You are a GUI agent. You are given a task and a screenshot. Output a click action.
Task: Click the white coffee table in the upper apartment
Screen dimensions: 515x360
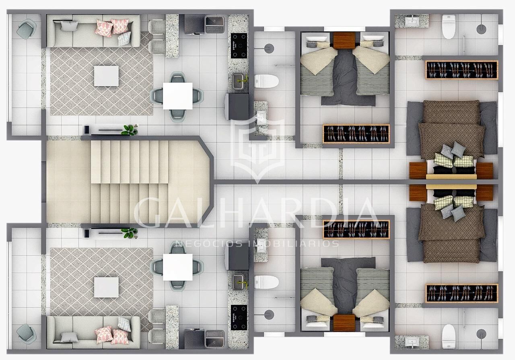[106, 76]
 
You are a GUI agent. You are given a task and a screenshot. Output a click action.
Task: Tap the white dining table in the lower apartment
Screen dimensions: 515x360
[178, 267]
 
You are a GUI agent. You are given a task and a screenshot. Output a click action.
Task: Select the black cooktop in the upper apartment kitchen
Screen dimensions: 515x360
[239, 46]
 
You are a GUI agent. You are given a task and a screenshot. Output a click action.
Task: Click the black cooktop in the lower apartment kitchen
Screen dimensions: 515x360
[239, 318]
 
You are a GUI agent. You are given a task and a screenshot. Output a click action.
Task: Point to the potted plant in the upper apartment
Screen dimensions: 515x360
[130, 130]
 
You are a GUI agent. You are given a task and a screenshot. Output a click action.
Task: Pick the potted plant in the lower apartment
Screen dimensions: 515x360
[130, 233]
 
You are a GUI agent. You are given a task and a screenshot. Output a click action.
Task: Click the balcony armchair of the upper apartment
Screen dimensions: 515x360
[27, 29]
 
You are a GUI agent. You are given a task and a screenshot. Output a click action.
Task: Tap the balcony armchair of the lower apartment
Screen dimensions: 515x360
[27, 334]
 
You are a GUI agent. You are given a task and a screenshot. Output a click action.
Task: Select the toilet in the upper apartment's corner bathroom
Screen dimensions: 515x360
[449, 27]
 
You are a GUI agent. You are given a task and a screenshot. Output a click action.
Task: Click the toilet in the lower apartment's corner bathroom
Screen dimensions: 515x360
[449, 337]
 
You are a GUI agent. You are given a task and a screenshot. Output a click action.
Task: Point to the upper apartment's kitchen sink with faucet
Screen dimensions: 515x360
[239, 81]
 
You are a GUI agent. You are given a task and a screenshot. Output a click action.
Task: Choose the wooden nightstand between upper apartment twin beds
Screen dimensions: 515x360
[344, 41]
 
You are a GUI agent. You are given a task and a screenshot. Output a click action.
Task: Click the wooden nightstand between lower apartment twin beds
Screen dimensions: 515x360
[344, 323]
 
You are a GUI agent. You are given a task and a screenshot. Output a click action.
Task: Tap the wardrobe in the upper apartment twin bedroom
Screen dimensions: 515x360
[356, 134]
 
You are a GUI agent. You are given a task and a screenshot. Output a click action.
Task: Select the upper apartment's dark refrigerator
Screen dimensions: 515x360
[237, 107]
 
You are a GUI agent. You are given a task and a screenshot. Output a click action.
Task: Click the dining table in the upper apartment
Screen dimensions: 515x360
[178, 96]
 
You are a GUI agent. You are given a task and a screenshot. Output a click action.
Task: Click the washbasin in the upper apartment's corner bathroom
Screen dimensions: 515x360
[412, 21]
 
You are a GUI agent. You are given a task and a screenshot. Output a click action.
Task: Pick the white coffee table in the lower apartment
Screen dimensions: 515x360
[106, 287]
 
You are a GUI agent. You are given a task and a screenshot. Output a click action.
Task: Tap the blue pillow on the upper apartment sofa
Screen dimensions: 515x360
[124, 39]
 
